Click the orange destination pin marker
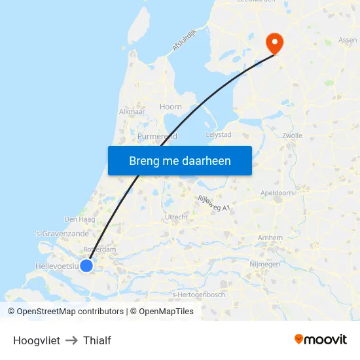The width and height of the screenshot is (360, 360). tap(274, 43)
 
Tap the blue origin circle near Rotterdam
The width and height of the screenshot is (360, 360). tap(86, 264)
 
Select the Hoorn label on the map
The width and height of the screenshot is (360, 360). tap(171, 107)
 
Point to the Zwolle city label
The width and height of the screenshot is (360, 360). tap(292, 136)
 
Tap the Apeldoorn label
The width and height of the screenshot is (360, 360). tap(276, 193)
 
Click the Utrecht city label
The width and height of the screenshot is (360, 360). tap(177, 217)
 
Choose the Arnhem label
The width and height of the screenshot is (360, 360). tap(270, 238)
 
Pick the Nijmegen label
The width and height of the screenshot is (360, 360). tap(264, 264)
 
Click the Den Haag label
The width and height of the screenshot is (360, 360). tap(81, 219)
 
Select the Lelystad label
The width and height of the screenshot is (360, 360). tap(219, 134)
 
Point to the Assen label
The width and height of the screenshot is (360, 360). tap(348, 40)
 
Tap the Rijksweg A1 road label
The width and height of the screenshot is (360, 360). tap(214, 204)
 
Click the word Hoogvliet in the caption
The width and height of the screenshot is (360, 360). tap(37, 340)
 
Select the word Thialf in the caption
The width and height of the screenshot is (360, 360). tap(97, 340)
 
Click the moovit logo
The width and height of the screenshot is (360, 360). tap(321, 340)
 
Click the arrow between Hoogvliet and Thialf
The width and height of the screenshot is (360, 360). tap(71, 340)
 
